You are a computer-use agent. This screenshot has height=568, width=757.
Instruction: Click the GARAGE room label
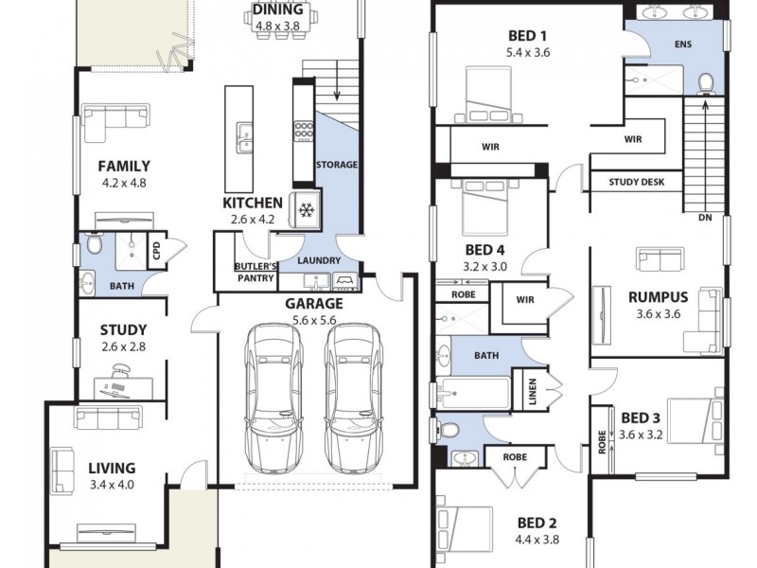click(x=314, y=304)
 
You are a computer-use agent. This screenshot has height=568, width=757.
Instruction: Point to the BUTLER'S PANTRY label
click(x=255, y=273)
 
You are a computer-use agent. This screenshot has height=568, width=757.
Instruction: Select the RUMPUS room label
click(x=658, y=296)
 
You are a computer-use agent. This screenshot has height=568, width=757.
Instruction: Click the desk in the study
click(x=123, y=386)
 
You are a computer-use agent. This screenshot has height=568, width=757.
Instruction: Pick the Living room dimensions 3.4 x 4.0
click(x=112, y=485)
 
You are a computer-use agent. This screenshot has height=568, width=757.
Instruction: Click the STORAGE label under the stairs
click(x=336, y=165)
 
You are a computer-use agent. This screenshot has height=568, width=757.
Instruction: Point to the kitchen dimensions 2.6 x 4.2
click(x=252, y=220)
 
